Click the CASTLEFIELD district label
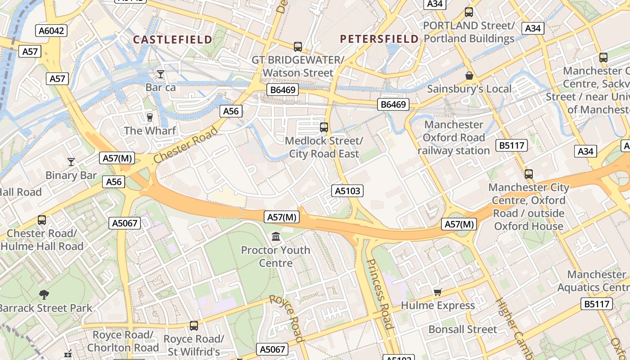[x=172, y=40]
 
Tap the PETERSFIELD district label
[x=379, y=39]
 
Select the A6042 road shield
[x=51, y=31]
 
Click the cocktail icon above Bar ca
[x=161, y=74]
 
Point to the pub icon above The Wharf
[x=150, y=117]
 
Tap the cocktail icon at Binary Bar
[x=71, y=162]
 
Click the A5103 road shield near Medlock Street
[x=347, y=191]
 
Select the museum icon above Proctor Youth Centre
[x=276, y=236]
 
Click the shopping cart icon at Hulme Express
[x=437, y=292]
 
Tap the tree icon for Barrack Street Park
[x=44, y=295]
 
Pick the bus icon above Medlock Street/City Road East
[x=324, y=127]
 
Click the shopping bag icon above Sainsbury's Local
[x=469, y=75]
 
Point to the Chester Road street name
[x=185, y=145]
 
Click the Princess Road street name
[x=380, y=294]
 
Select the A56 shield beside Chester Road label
[x=231, y=111]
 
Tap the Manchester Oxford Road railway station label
[x=454, y=137]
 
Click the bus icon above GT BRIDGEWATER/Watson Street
[x=297, y=46]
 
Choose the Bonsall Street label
[x=463, y=329]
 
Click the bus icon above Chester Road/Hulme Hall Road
[x=42, y=220]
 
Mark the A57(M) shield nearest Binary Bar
[x=117, y=158]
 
